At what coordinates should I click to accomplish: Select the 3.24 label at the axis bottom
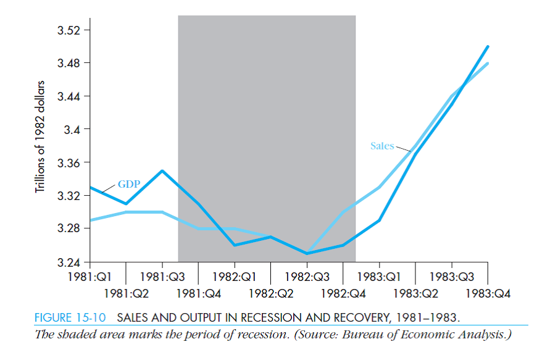tap(68, 263)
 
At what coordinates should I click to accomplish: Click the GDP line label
tap(129, 184)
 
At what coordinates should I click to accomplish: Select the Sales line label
tap(381, 146)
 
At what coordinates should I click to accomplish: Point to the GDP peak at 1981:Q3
tap(162, 170)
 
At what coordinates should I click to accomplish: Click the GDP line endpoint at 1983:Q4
tap(488, 46)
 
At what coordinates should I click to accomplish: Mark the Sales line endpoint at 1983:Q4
tap(488, 63)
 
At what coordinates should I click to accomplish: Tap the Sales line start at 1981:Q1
tap(90, 220)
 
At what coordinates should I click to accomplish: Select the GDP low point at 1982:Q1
tap(235, 245)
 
